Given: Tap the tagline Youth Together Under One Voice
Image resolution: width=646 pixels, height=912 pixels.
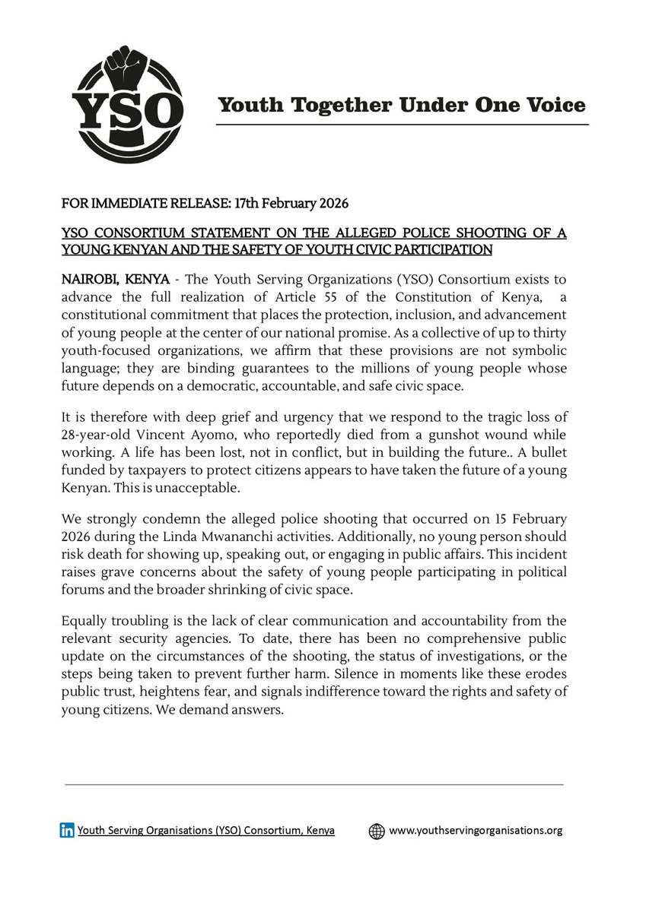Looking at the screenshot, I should [x=402, y=105].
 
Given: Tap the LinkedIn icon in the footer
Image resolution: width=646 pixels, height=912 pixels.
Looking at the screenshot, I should [x=68, y=831].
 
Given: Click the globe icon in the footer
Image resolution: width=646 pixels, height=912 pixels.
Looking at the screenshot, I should [x=376, y=831].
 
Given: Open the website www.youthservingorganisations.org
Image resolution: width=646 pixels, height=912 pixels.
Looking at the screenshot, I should [x=476, y=831].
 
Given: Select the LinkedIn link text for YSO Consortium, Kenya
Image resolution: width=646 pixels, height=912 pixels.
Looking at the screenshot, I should [x=206, y=831].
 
